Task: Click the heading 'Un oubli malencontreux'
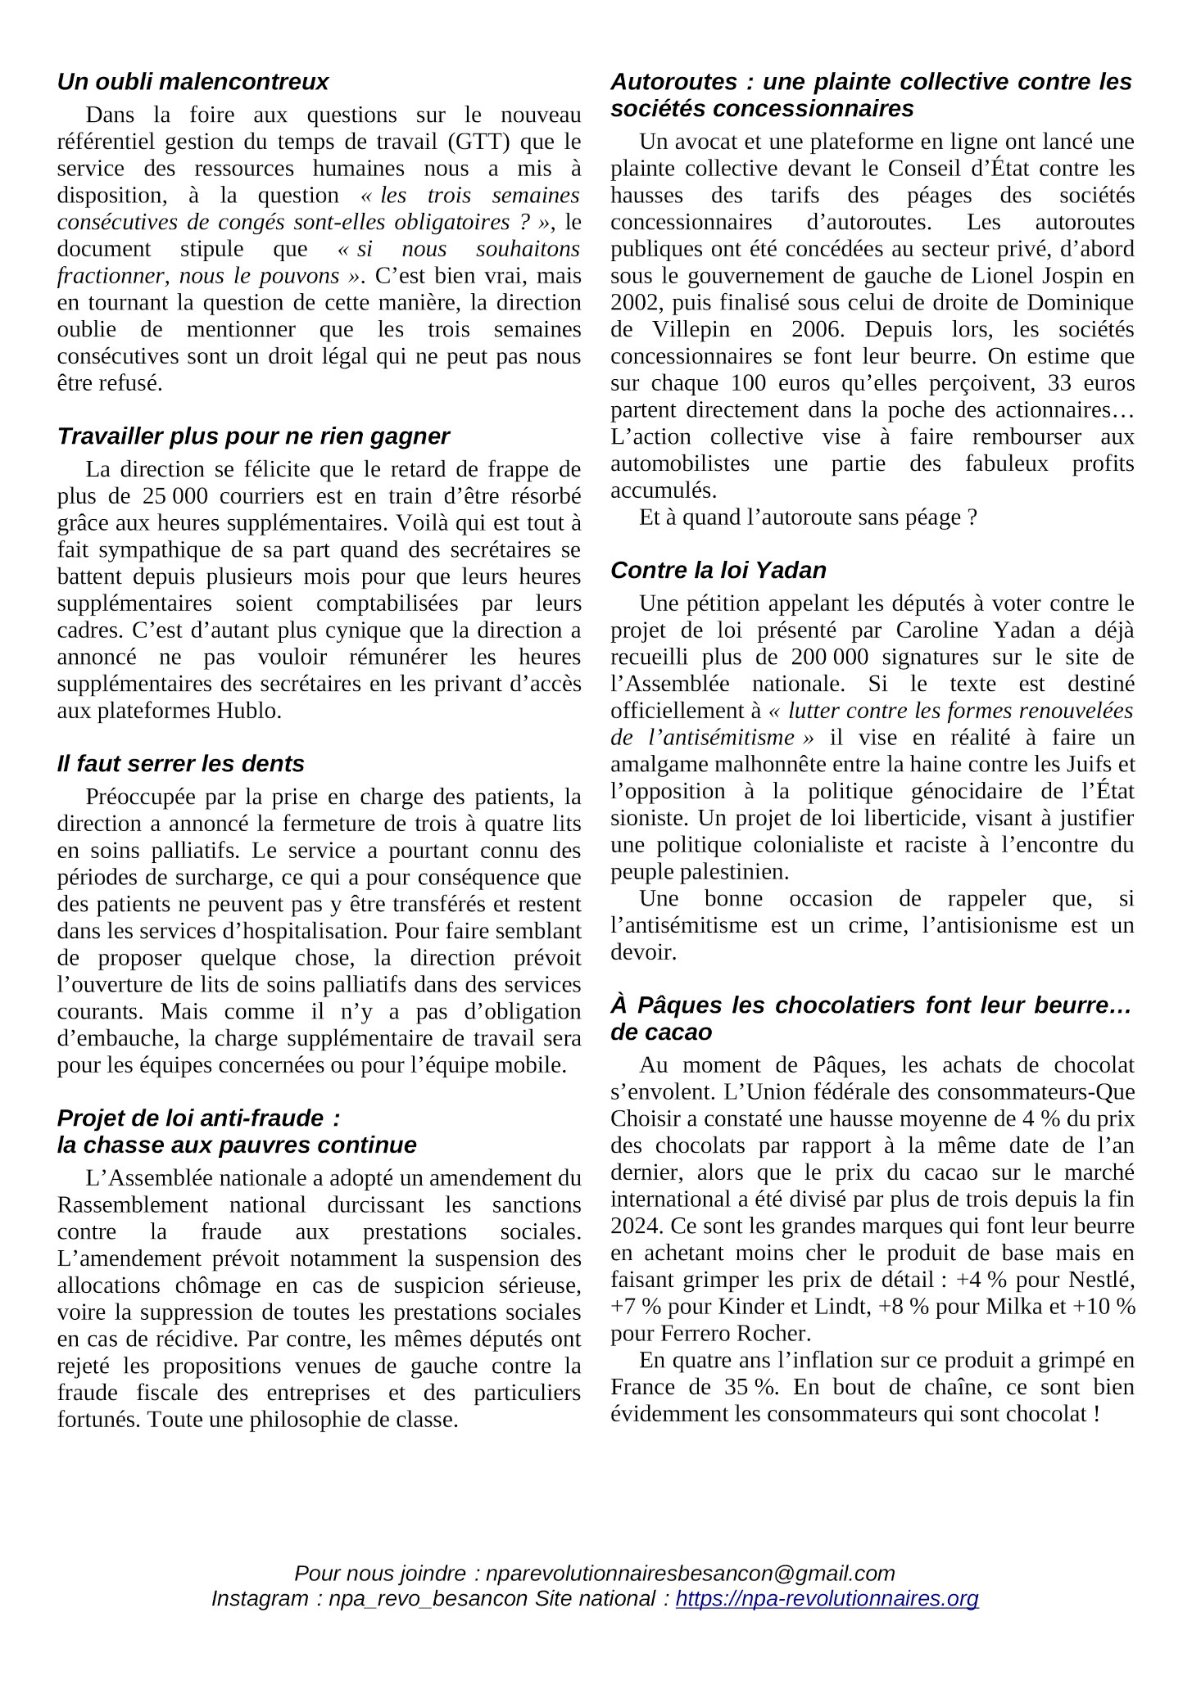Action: [193, 82]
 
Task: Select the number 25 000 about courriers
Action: [175, 496]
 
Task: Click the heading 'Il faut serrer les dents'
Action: [180, 764]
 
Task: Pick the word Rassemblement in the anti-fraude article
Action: [133, 1205]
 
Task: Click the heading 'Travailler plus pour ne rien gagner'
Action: [253, 436]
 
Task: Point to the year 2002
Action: [635, 303]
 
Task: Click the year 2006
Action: [816, 330]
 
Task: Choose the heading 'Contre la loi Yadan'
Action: [718, 571]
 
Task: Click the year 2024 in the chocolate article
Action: [635, 1226]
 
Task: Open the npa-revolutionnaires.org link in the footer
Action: [827, 1598]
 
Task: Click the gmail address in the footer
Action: [690, 1574]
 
